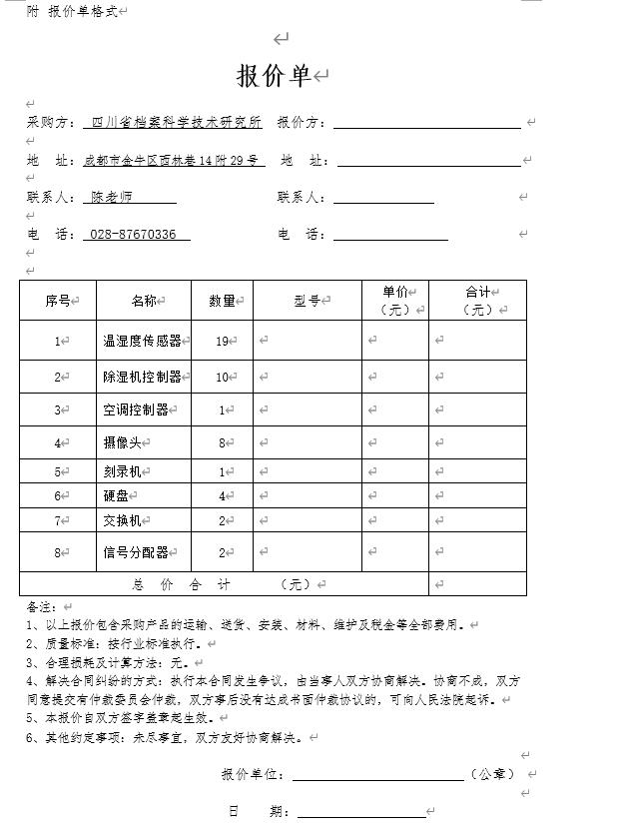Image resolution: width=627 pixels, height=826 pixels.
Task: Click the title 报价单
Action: (274, 76)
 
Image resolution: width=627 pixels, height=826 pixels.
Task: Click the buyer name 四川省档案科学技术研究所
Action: (177, 122)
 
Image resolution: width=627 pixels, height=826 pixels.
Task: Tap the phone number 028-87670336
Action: (133, 234)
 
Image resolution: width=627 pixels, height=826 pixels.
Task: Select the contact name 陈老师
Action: (112, 197)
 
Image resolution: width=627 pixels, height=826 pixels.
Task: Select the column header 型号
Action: (307, 301)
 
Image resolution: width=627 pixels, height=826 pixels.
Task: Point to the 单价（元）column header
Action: (395, 301)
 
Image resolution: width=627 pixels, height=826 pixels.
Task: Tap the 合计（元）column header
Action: (477, 301)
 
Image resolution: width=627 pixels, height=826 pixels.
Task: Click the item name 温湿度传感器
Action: (143, 341)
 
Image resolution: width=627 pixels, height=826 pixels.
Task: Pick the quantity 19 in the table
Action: (222, 341)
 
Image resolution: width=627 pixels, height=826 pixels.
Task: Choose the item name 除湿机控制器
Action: (143, 377)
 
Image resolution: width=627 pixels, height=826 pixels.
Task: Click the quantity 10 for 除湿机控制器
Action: (222, 377)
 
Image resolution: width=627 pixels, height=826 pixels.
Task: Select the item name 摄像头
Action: (122, 442)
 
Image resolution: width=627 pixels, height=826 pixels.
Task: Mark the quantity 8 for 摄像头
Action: (222, 442)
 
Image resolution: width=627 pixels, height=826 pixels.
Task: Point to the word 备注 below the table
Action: (40, 606)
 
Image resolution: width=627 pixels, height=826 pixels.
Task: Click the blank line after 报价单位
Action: (377, 774)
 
